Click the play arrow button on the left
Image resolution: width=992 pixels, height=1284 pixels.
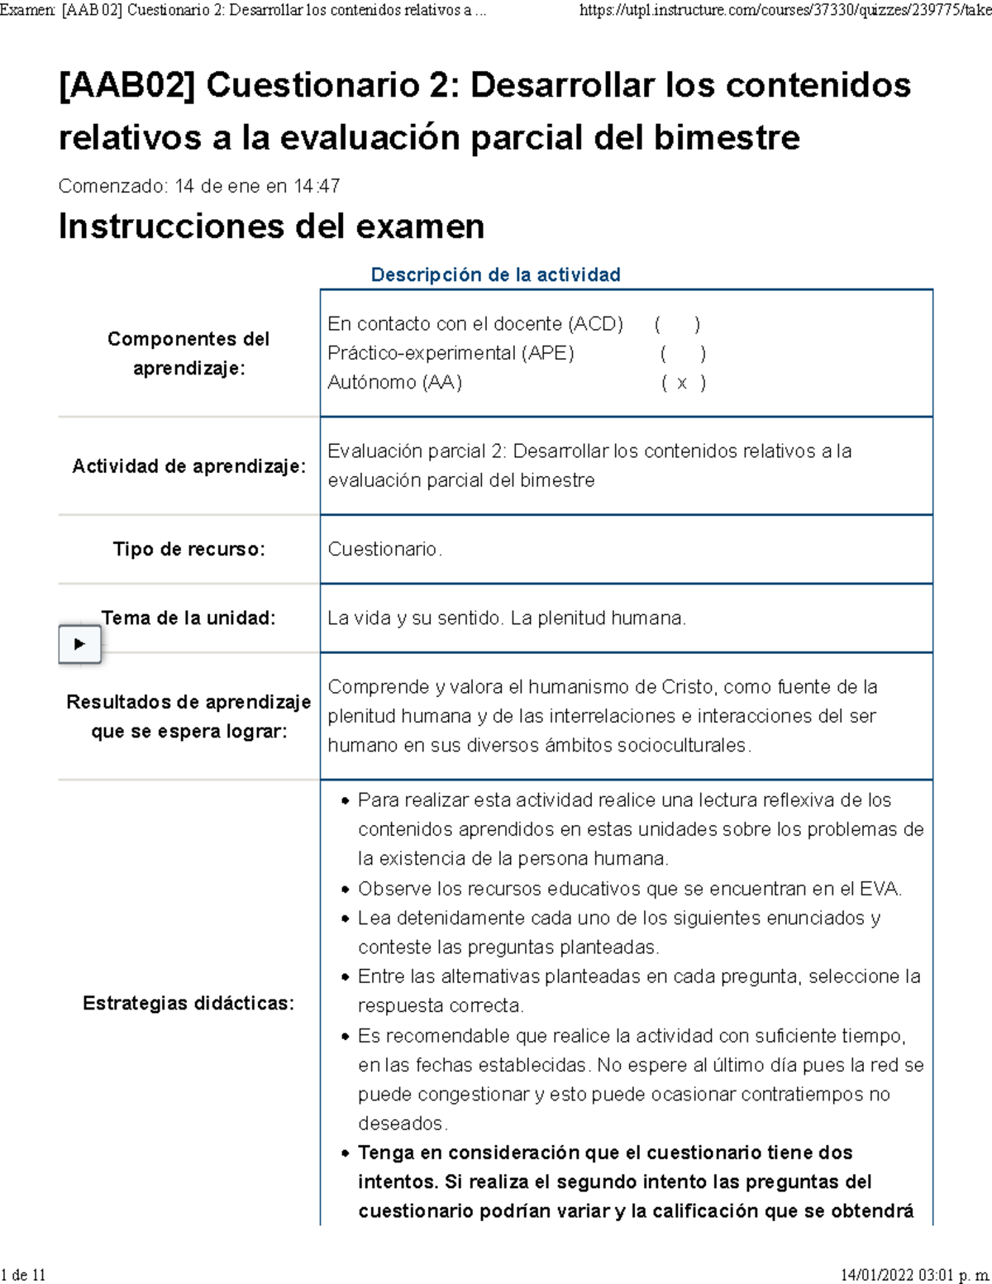pos(79,644)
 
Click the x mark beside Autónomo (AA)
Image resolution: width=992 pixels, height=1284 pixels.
pos(682,383)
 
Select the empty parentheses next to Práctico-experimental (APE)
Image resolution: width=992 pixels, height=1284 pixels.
pos(682,354)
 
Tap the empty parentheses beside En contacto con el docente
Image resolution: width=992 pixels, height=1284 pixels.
pos(677,324)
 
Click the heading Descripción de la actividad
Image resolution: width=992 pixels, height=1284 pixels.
pos(495,274)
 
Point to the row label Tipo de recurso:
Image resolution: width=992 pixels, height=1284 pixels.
pos(189,549)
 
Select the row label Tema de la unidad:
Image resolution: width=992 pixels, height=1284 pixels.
pos(188,618)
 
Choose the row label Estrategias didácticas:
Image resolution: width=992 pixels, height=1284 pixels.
pos(188,1003)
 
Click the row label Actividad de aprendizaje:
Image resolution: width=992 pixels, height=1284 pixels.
pos(188,466)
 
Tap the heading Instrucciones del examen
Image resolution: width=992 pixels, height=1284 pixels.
pos(271,227)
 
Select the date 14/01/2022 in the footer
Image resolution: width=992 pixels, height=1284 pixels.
pos(877,1275)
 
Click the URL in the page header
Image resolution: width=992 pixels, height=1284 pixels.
pos(785,10)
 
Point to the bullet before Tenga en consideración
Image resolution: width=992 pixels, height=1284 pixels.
pos(346,1153)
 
